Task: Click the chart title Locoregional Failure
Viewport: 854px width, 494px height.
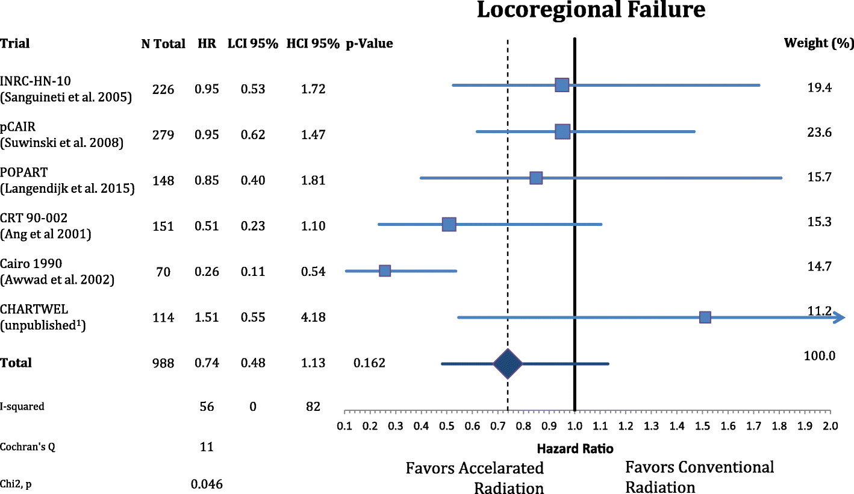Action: (x=591, y=11)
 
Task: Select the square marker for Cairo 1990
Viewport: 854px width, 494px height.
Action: (x=385, y=271)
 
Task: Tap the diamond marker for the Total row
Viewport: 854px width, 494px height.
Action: (x=508, y=364)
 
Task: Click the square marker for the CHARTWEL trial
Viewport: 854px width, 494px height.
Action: (x=705, y=317)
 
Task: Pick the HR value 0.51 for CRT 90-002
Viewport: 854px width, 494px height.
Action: (x=207, y=227)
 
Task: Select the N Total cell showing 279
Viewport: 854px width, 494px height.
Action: (x=163, y=135)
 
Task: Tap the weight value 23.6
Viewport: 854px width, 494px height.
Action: (x=819, y=133)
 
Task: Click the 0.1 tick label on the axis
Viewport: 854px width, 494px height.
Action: (x=344, y=427)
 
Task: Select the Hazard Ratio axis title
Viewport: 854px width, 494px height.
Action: (x=576, y=448)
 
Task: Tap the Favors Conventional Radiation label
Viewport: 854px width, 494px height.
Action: (x=699, y=476)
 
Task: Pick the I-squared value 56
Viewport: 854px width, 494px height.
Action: (x=207, y=407)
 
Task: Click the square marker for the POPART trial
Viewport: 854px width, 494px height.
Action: (x=536, y=178)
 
